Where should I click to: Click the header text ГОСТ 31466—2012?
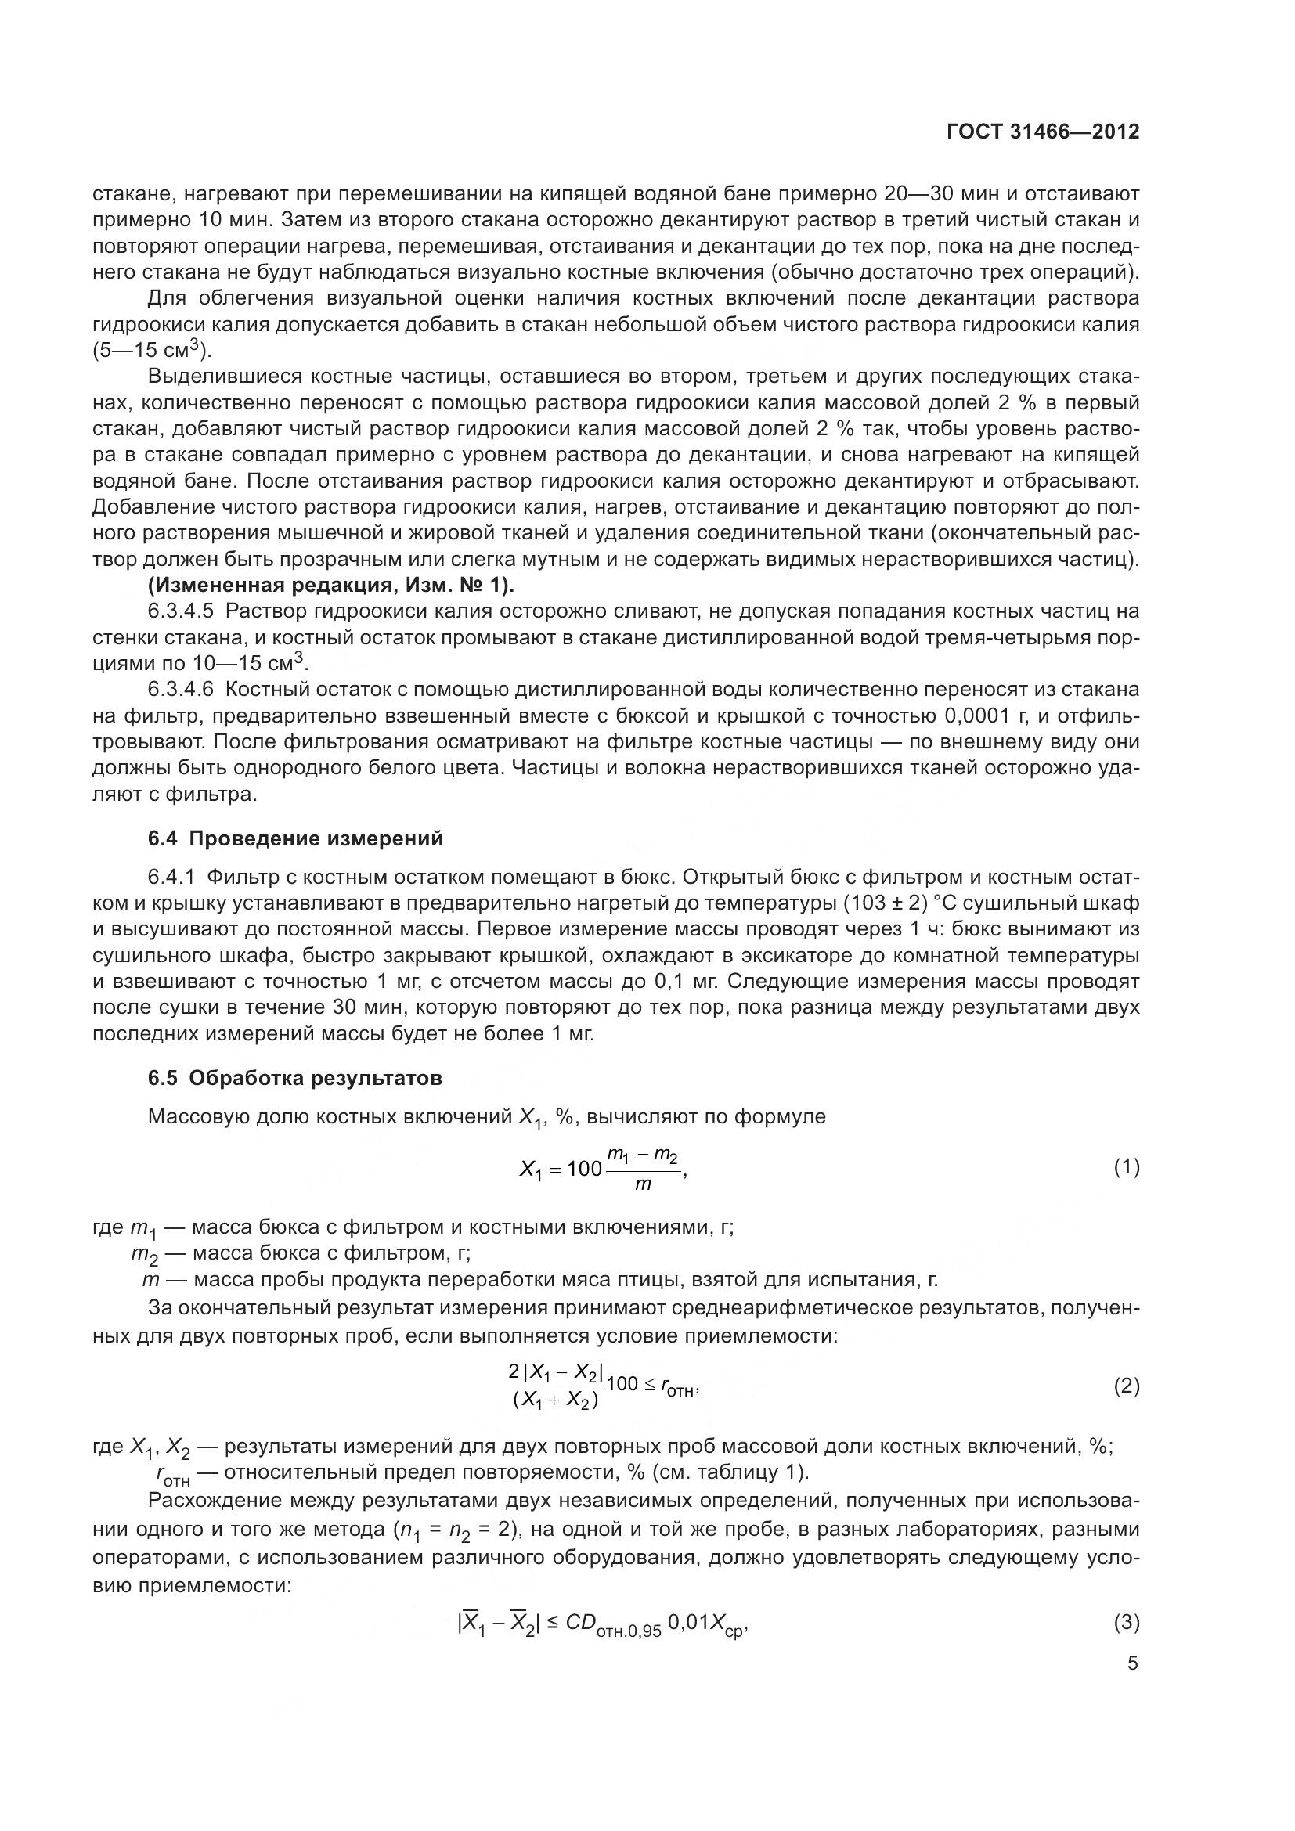[1043, 132]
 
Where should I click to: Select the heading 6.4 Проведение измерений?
[295, 839]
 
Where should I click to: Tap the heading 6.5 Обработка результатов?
[295, 1078]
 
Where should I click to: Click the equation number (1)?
[1126, 1167]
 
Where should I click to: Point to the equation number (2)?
[1126, 1386]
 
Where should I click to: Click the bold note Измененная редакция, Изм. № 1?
[331, 586]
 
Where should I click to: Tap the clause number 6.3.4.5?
[180, 611]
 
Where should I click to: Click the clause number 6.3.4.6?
[180, 689]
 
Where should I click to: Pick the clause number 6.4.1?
[171, 878]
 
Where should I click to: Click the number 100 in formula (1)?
[585, 1169]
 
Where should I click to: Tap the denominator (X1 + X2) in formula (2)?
[555, 1401]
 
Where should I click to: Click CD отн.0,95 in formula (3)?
[611, 1624]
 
